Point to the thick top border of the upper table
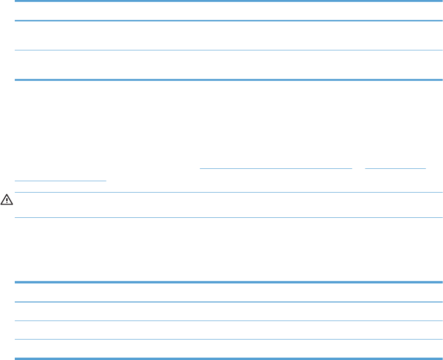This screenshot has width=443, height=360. click(x=228, y=1)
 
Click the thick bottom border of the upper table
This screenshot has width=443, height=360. click(x=228, y=80)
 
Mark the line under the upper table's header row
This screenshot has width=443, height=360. click(x=228, y=21)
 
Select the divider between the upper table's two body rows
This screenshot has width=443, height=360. click(x=228, y=50)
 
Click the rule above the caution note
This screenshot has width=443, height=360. click(x=228, y=192)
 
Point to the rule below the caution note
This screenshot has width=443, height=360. click(x=228, y=218)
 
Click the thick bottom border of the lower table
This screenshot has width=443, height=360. click(x=228, y=358)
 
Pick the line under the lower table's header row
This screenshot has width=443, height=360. click(x=228, y=302)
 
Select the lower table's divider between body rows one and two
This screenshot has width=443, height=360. click(x=228, y=321)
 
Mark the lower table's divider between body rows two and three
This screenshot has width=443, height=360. click(x=228, y=339)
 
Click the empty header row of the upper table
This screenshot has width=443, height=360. click(x=228, y=11)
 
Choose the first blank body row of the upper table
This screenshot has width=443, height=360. click(x=228, y=36)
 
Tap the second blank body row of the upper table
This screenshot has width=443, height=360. click(x=228, y=65)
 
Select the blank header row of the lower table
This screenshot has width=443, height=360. click(x=228, y=292)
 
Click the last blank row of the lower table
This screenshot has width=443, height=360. click(x=228, y=348)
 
